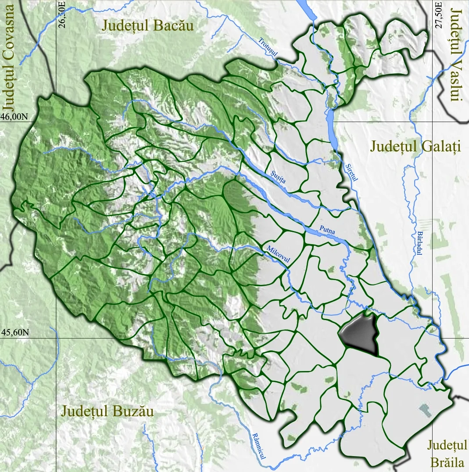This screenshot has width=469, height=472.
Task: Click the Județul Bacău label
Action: pyautogui.click(x=147, y=25)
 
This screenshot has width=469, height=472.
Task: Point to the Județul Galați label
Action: pyautogui.click(x=415, y=146)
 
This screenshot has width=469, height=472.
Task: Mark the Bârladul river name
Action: pyautogui.click(x=419, y=241)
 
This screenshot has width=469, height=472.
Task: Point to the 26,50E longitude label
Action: pyautogui.click(x=62, y=16)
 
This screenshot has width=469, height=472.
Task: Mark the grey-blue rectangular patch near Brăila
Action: pyautogui.click(x=425, y=410)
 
